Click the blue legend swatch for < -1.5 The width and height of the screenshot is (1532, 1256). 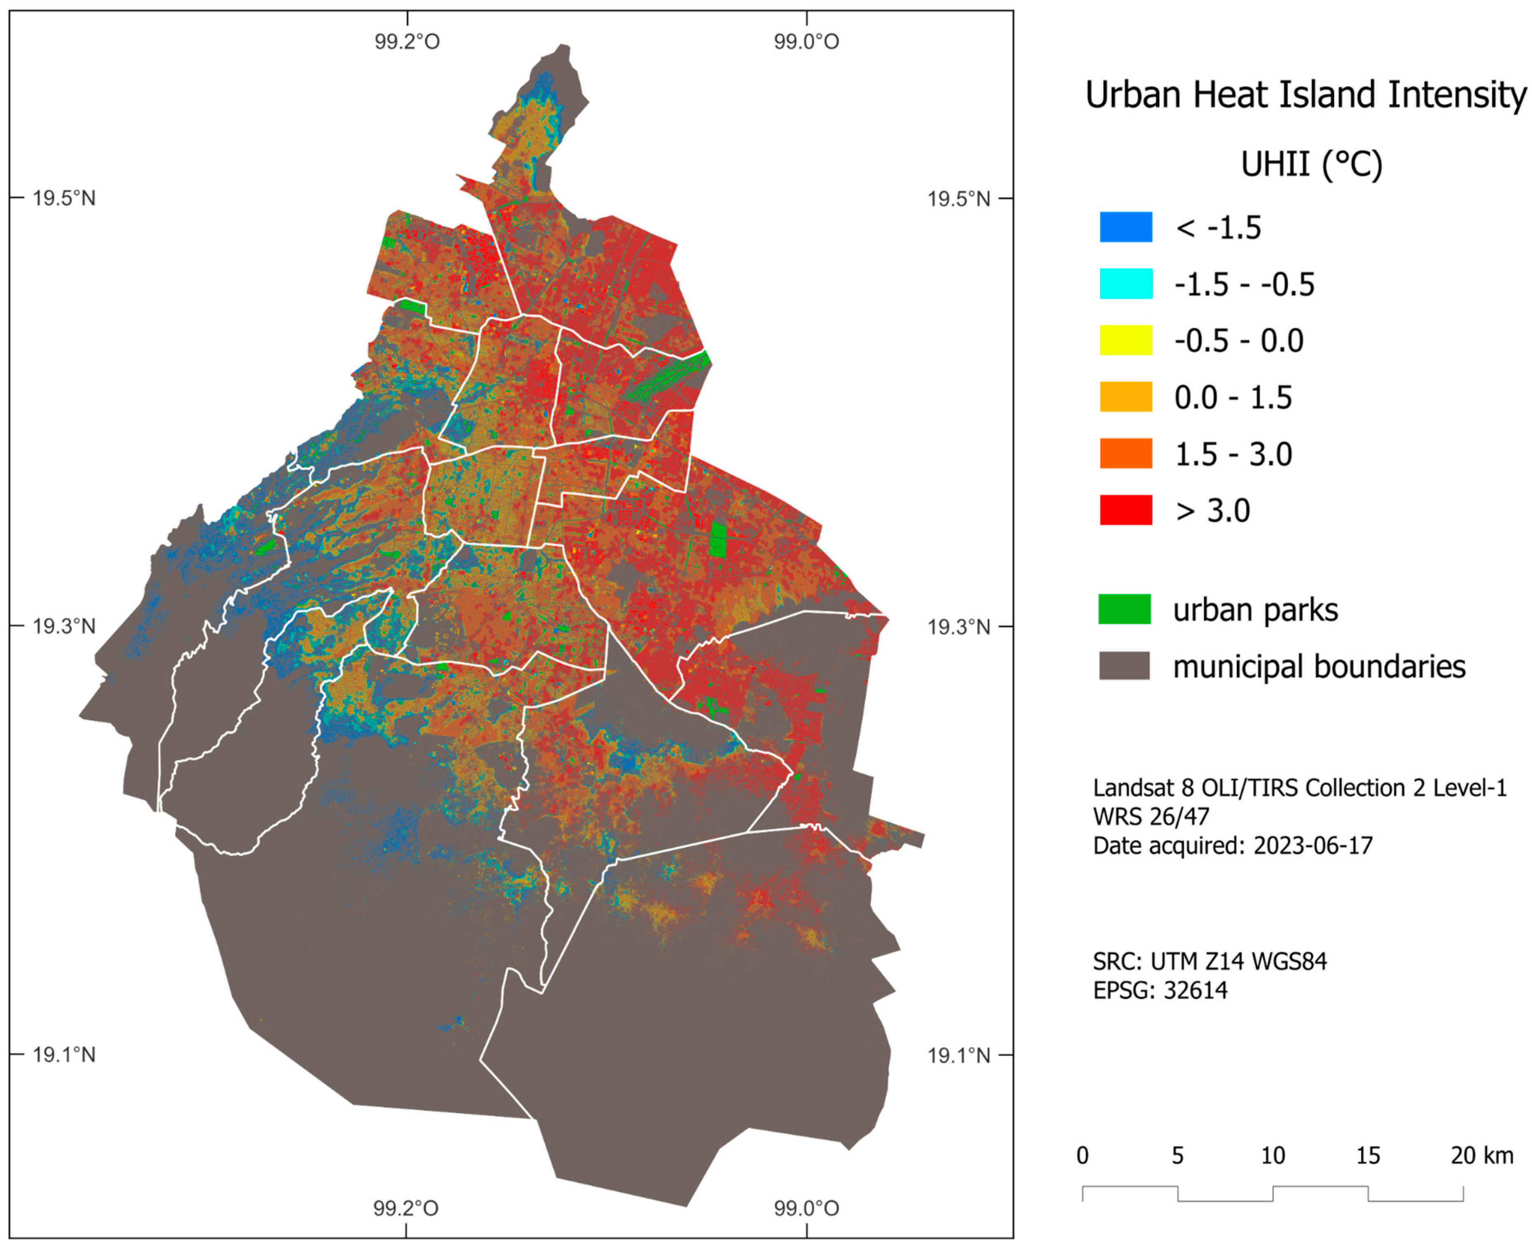pyautogui.click(x=1125, y=227)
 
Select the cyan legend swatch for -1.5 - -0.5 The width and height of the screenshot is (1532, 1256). pyautogui.click(x=1125, y=284)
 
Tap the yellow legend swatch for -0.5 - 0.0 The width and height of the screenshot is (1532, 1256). pyautogui.click(x=1125, y=340)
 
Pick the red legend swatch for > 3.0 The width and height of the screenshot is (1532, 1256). pyautogui.click(x=1125, y=510)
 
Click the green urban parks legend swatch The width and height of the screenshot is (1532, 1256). pyautogui.click(x=1124, y=609)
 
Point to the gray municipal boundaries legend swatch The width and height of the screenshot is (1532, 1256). pyautogui.click(x=1124, y=666)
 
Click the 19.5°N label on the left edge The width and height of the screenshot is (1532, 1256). pyautogui.click(x=64, y=198)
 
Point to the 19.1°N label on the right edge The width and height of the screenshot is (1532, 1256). pyautogui.click(x=958, y=1056)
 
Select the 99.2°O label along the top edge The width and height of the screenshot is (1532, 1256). pyautogui.click(x=407, y=41)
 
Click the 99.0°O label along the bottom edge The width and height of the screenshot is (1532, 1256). pyautogui.click(x=806, y=1208)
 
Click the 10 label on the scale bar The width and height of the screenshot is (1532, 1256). pyautogui.click(x=1273, y=1156)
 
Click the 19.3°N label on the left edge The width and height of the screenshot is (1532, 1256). pyautogui.click(x=64, y=627)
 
